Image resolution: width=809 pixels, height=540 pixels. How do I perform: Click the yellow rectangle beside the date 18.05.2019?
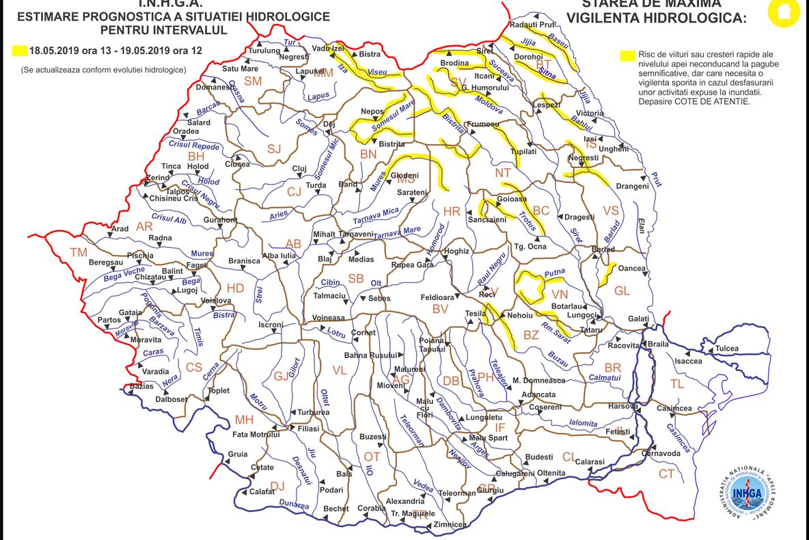(19, 50)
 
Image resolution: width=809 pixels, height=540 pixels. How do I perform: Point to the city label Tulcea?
(726, 349)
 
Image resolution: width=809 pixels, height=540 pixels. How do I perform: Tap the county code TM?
(79, 252)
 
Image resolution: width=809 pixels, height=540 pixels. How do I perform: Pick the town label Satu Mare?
(240, 68)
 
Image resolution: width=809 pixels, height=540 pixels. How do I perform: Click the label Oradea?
(186, 131)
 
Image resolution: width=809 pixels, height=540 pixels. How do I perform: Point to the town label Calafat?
(262, 491)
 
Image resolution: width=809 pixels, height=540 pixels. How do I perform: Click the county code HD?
(235, 288)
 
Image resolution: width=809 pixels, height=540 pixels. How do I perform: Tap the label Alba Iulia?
(279, 256)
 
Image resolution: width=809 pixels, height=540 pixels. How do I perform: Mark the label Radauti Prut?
(531, 25)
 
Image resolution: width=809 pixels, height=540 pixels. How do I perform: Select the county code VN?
(560, 293)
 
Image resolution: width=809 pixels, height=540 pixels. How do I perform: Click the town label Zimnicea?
(450, 524)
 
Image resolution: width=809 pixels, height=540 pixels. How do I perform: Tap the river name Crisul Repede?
(195, 146)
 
